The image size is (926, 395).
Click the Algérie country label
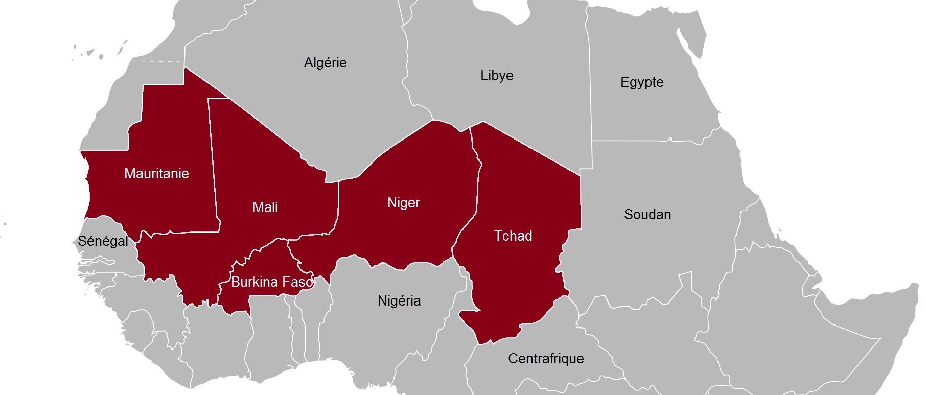coord(325,63)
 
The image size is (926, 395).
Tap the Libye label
coord(497,76)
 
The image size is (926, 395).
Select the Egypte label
coord(642,82)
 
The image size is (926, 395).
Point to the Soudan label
coord(647,215)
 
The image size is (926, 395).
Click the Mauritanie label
coord(156,174)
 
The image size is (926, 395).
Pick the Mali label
coord(265,207)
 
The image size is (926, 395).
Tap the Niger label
coord(404,203)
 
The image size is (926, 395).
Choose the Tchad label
coord(513,236)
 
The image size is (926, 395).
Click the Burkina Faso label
coord(272,282)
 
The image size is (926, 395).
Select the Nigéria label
coord(399,301)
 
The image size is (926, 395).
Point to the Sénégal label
coord(103,241)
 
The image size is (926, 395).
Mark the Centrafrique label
coord(546,359)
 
